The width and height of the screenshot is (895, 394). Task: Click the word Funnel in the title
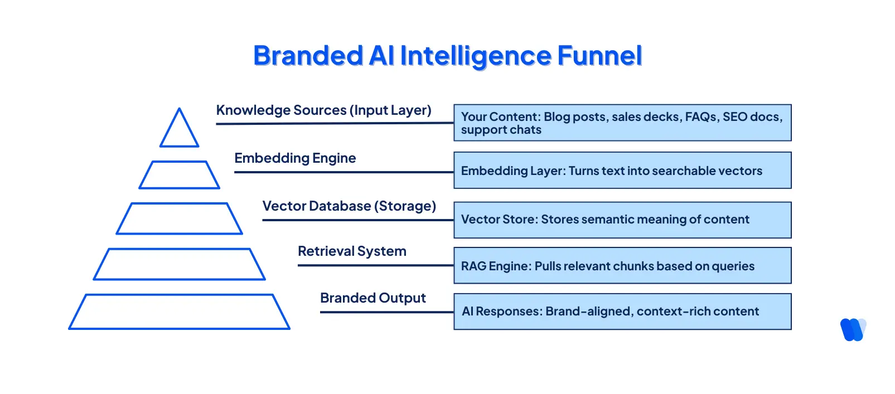coord(599,56)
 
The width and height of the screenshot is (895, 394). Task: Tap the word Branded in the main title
coord(308,56)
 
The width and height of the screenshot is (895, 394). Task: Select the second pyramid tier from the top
coord(179,175)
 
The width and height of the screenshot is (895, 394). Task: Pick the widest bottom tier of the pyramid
coord(179,312)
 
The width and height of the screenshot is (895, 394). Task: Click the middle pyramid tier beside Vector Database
coord(179,218)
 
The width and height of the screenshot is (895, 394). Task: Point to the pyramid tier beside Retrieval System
coord(179,264)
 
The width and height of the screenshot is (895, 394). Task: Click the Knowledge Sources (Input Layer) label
coord(323,110)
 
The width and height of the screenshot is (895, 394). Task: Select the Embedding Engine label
coord(295,158)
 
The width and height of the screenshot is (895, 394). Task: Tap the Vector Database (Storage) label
coord(349,206)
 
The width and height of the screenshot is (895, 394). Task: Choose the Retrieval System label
coord(352,251)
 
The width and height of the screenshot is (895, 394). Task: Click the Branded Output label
coord(372,298)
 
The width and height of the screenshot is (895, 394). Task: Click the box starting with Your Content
coord(622,123)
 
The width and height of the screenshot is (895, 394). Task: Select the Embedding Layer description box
coord(622,171)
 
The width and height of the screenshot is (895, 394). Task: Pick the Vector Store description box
coord(622,220)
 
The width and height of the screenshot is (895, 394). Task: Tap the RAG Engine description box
coord(622,266)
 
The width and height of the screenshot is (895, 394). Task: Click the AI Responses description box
coord(622,312)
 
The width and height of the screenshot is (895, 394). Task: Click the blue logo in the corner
coord(853,329)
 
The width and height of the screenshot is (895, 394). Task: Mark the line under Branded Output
coord(386,312)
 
